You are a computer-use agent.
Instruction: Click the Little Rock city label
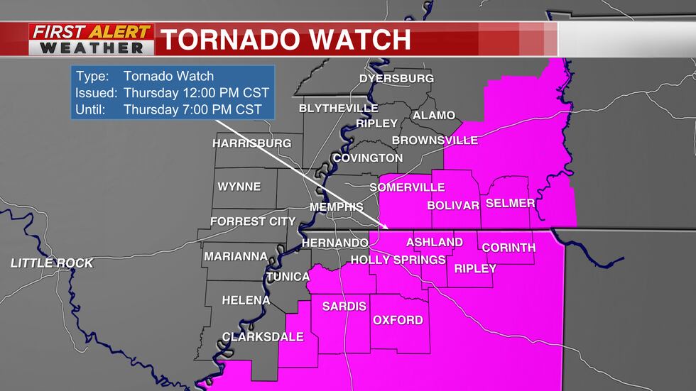tap(52, 263)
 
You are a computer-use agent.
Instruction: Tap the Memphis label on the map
tap(337, 206)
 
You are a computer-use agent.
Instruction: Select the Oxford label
tap(398, 320)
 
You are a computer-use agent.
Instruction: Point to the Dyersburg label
tap(396, 78)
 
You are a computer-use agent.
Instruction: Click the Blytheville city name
tap(339, 108)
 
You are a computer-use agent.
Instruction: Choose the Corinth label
tap(509, 248)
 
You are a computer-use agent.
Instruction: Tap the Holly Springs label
tap(398, 260)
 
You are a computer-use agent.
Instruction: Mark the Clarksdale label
tap(263, 337)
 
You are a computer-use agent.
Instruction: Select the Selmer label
tap(510, 203)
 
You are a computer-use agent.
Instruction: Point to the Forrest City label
tap(252, 221)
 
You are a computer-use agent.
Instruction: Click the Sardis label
tap(344, 307)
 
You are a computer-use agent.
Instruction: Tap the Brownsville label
tap(435, 141)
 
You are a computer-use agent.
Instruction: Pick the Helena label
tap(246, 300)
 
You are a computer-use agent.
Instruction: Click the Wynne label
tap(239, 187)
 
